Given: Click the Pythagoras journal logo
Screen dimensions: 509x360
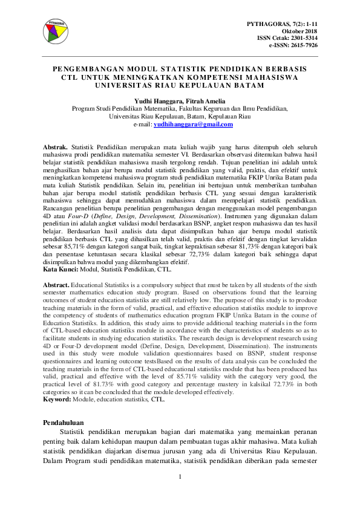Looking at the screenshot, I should coord(56,32).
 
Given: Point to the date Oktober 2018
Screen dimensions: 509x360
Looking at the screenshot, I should coord(299,30).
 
